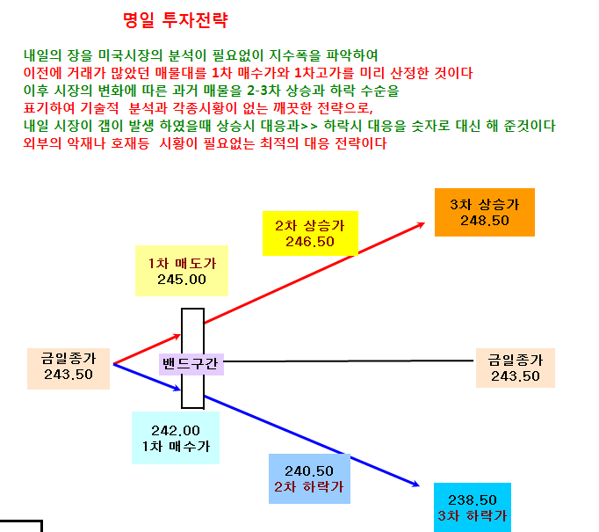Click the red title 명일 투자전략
pyautogui.click(x=176, y=20)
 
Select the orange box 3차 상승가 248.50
pyautogui.click(x=485, y=212)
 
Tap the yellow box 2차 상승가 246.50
pyautogui.click(x=310, y=233)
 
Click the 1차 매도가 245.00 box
pyautogui.click(x=182, y=271)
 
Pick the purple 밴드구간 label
pyautogui.click(x=191, y=364)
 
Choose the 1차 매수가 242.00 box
pyautogui.click(x=176, y=438)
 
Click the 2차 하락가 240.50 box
pyautogui.click(x=309, y=479)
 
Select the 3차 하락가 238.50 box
pyautogui.click(x=473, y=507)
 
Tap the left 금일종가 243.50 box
pyautogui.click(x=69, y=368)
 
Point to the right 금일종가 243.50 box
pyautogui.click(x=516, y=368)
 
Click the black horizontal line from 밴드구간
pyautogui.click(x=349, y=361)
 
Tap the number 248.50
pyautogui.click(x=485, y=221)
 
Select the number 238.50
pyautogui.click(x=473, y=499)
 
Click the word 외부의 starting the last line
pyautogui.click(x=42, y=143)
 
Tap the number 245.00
pyautogui.click(x=182, y=280)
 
